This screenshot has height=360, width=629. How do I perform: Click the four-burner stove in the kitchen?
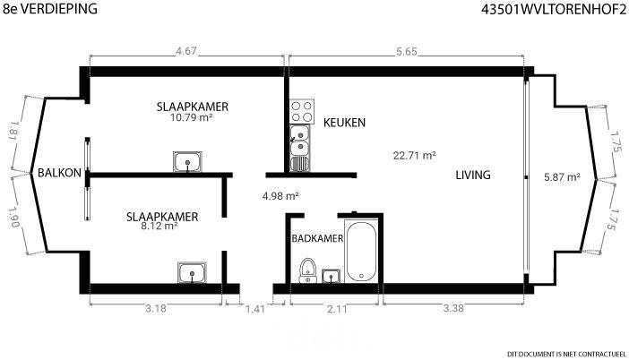(302, 111)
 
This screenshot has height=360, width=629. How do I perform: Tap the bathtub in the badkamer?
(361, 251)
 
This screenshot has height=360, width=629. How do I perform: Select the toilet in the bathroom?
(308, 270)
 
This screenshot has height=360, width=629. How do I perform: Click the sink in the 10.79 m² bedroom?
(187, 162)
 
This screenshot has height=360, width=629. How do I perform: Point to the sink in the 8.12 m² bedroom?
(192, 272)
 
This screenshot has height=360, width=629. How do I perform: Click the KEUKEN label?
(345, 123)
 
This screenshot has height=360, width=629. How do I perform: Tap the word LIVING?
(473, 175)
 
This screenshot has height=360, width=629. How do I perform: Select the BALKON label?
(59, 173)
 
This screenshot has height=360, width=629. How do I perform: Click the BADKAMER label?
(317, 238)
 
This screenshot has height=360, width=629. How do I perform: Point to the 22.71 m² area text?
(414, 155)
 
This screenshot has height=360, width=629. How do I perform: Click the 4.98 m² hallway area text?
(280, 196)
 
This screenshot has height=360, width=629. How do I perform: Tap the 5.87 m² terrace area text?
(562, 176)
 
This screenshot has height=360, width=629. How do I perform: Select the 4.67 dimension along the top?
(186, 51)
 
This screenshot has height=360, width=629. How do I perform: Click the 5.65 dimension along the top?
(407, 51)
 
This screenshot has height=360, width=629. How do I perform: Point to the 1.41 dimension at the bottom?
(255, 309)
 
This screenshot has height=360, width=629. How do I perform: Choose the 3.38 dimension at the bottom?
(453, 308)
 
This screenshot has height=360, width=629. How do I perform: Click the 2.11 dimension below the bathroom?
(337, 308)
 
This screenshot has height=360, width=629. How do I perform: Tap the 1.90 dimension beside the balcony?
(13, 218)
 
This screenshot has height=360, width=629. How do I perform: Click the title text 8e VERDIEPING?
(50, 8)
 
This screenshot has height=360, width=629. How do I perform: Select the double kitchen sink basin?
(299, 141)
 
